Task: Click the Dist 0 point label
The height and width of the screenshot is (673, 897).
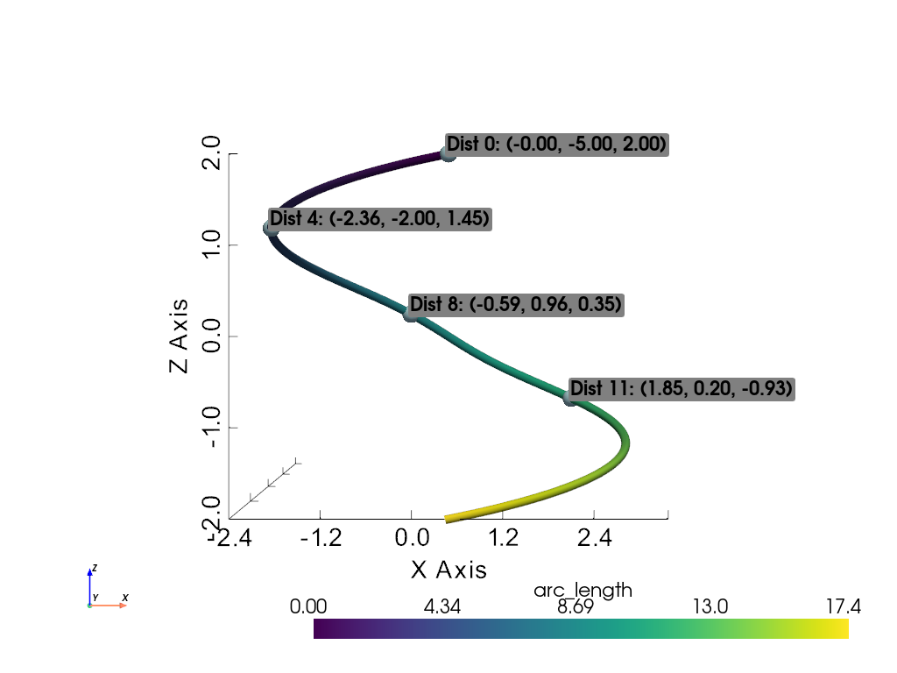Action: [x=557, y=145]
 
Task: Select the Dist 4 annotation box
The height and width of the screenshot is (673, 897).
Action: [x=378, y=219]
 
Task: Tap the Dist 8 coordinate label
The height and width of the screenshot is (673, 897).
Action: [x=515, y=305]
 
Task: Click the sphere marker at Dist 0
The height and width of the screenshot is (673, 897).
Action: [x=448, y=154]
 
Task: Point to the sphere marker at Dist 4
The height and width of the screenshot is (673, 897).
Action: [x=271, y=229]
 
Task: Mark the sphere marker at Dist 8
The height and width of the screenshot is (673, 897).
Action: [x=411, y=313]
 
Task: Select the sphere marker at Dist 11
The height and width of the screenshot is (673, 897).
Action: [x=571, y=397]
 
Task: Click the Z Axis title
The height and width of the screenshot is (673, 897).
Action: [x=180, y=336]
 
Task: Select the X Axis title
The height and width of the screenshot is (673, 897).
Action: [x=448, y=570]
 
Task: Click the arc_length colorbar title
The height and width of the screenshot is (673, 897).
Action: [x=583, y=591]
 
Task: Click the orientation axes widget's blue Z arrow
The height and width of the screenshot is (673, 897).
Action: [x=89, y=583]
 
